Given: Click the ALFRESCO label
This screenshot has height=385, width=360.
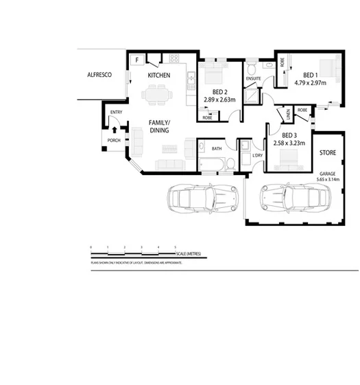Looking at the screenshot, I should point(99,75).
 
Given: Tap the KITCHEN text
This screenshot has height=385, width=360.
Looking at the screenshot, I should point(159,75).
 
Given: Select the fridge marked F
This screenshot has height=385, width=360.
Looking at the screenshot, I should point(136,60).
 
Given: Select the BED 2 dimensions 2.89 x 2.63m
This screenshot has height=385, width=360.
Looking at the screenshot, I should point(219,100).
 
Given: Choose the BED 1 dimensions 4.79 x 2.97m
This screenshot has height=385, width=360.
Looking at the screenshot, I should point(310,83).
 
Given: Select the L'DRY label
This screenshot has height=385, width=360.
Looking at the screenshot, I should point(258,155).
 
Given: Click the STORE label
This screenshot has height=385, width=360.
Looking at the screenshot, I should point(327,153).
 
